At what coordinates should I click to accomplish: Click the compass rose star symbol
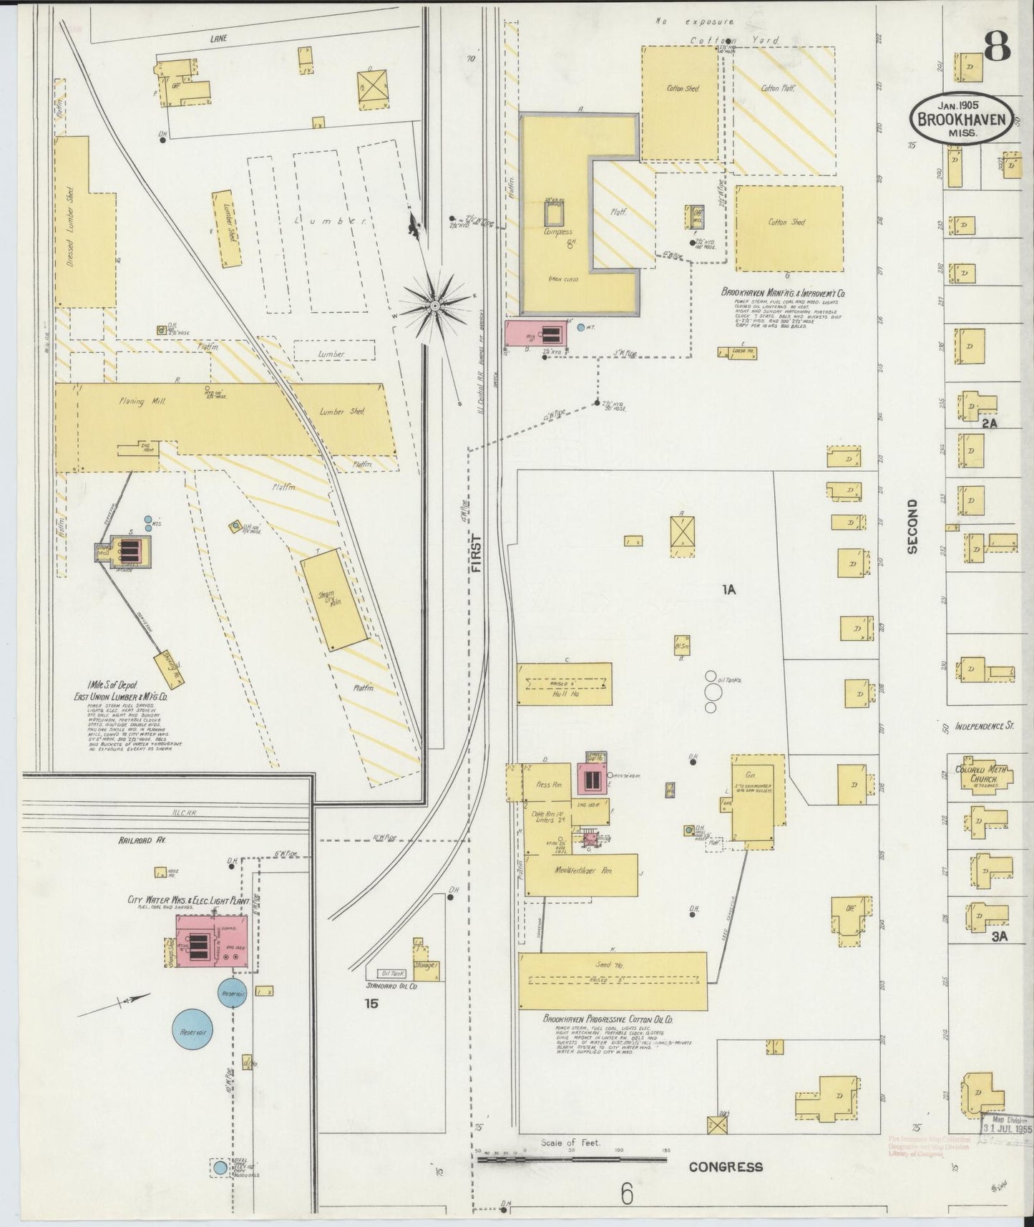(434, 306)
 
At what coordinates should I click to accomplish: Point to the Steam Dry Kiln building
(333, 599)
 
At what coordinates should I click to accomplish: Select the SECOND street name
(912, 527)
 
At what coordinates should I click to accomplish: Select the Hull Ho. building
(565, 684)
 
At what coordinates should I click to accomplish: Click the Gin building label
(751, 775)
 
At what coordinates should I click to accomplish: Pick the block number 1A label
(728, 590)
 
